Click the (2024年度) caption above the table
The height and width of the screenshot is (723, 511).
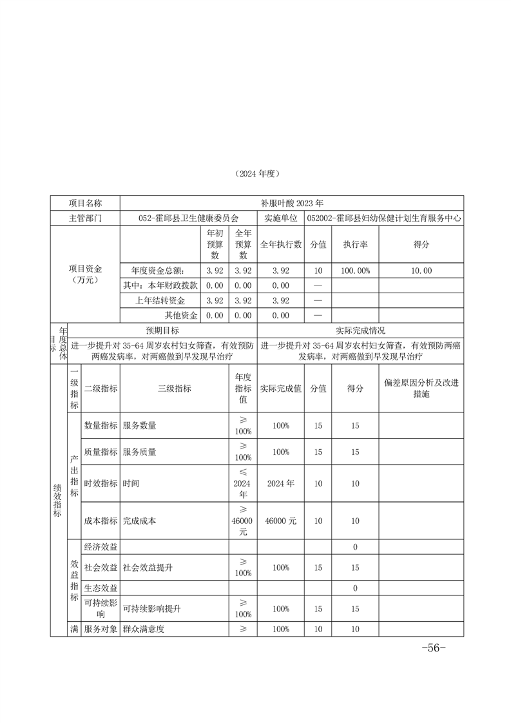(255, 174)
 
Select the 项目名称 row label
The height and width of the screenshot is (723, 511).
(85, 202)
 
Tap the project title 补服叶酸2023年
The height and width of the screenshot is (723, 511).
(292, 202)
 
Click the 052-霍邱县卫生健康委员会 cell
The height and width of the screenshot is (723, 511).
(188, 218)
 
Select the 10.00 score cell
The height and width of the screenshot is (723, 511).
(421, 271)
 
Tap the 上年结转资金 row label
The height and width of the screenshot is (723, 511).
(160, 300)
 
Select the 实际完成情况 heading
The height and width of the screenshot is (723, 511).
(360, 330)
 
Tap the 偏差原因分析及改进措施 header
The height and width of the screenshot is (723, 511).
(421, 388)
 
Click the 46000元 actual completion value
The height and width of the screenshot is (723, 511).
(280, 521)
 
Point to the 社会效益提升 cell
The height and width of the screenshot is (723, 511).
(148, 568)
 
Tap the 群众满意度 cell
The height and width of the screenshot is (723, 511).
(144, 629)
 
